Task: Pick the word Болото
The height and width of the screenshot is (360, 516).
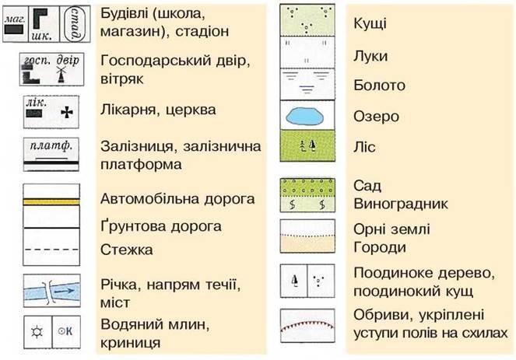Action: (x=375, y=85)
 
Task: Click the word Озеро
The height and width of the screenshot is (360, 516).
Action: (x=375, y=117)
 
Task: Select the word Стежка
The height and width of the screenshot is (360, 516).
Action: (x=126, y=251)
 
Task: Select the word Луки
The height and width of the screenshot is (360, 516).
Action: (x=370, y=57)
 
